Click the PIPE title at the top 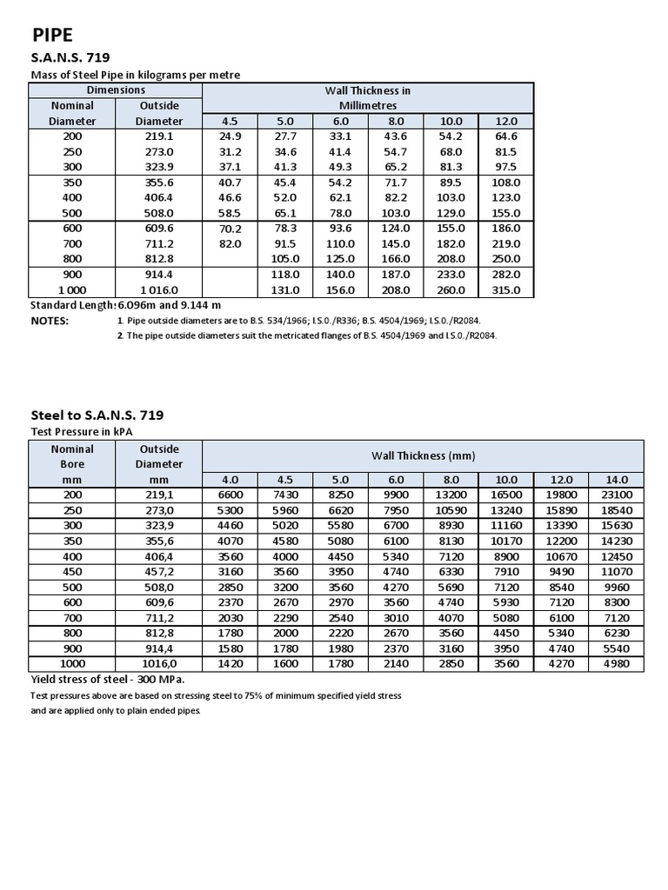click(54, 35)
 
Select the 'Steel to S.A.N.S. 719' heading click(97, 415)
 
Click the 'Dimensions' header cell click(116, 90)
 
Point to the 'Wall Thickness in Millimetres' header click(367, 97)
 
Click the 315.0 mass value click(505, 290)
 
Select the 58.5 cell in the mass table click(230, 213)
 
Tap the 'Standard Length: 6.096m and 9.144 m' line click(126, 305)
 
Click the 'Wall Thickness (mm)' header click(423, 455)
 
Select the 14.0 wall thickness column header click(616, 479)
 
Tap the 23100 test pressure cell click(616, 495)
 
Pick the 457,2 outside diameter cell click(159, 572)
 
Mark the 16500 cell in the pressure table click(505, 495)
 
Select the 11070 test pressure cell click(616, 572)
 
